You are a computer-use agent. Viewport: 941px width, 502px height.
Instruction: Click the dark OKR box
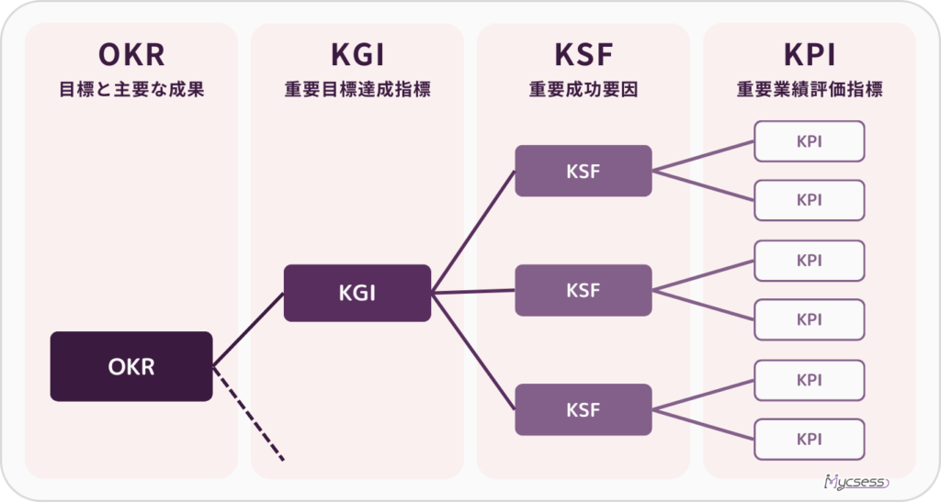click(131, 366)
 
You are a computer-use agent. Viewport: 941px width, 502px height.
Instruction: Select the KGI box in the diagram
click(357, 293)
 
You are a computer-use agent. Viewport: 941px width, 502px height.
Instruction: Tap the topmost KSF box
click(583, 171)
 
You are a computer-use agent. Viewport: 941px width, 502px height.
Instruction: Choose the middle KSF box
click(583, 290)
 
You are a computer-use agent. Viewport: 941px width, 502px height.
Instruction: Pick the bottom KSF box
click(583, 409)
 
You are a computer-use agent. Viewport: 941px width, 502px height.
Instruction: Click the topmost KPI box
click(809, 141)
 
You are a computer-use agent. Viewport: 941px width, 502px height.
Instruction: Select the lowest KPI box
click(809, 439)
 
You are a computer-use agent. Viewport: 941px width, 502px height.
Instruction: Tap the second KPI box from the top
click(809, 200)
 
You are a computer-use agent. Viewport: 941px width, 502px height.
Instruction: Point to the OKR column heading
click(131, 55)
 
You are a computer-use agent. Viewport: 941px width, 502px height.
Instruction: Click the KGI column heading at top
click(357, 55)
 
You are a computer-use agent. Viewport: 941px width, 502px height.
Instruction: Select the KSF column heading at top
click(583, 55)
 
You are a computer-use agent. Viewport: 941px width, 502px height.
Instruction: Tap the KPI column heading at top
click(809, 55)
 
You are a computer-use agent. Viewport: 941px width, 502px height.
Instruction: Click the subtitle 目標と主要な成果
click(131, 90)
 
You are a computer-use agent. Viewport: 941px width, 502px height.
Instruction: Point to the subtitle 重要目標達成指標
click(357, 90)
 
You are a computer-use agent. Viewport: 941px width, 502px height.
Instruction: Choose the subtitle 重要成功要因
click(583, 90)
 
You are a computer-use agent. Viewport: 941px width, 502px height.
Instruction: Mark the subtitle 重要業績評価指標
click(809, 90)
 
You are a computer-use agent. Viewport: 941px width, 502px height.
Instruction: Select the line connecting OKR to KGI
click(248, 330)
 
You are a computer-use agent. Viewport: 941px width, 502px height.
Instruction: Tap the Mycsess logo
click(856, 482)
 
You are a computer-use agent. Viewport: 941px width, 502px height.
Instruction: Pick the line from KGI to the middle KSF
click(473, 292)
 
